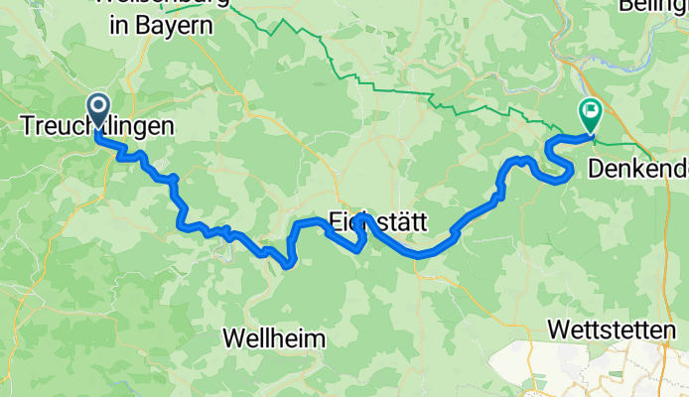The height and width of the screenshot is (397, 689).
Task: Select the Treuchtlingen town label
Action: pos(97,126)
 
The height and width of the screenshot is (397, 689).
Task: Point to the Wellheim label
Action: pos(274,338)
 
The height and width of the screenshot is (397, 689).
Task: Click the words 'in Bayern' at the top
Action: pos(161,26)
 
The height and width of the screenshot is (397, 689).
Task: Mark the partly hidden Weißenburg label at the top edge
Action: pos(164,4)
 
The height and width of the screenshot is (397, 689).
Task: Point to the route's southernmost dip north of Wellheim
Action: pos(287,264)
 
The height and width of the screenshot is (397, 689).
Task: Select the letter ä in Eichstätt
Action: pos(407,224)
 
